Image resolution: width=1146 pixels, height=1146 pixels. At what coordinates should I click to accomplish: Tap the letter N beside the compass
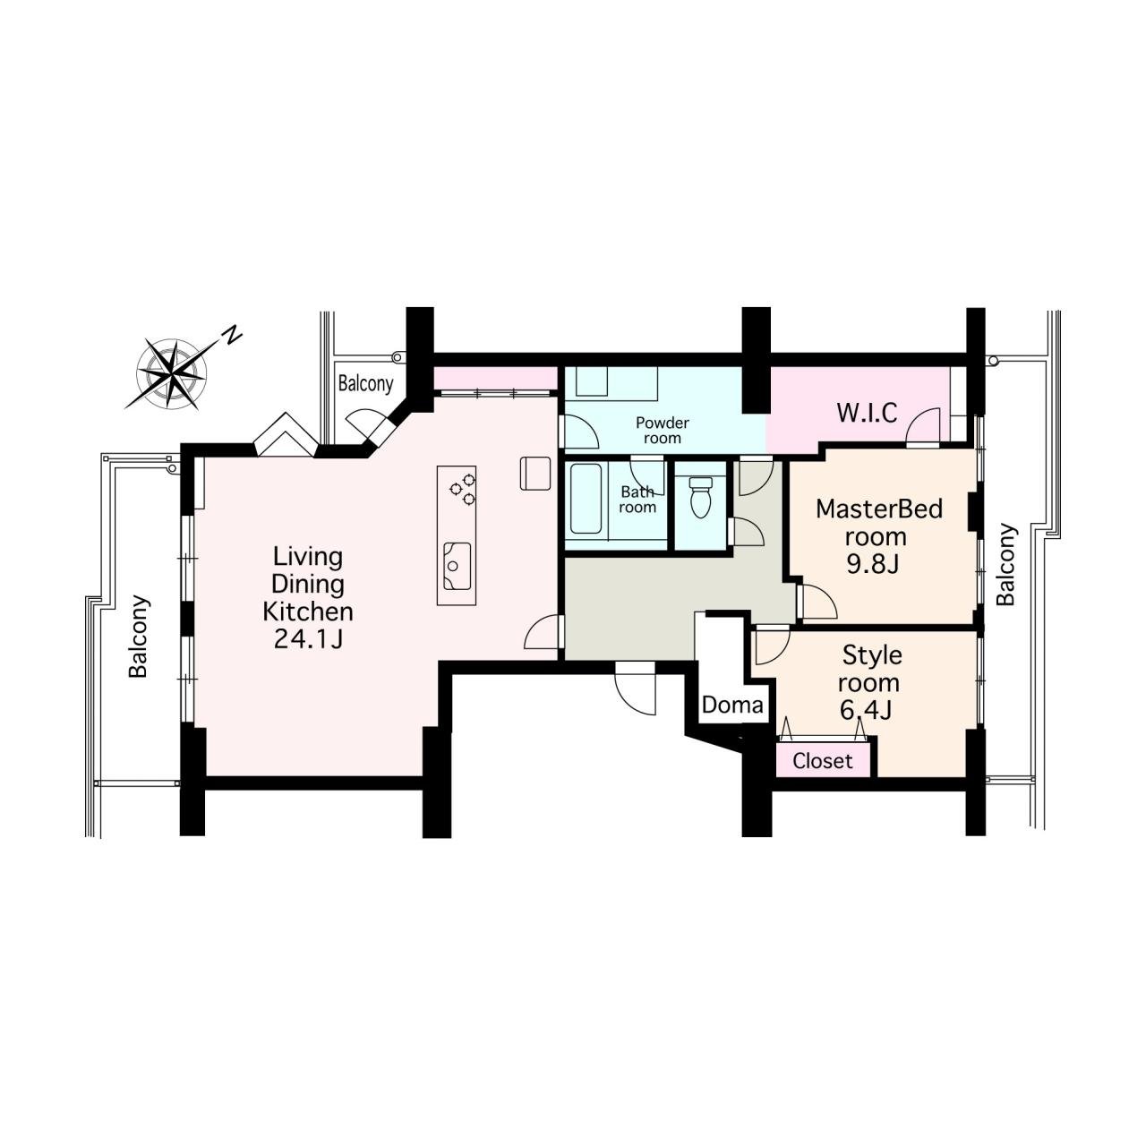pyautogui.click(x=233, y=336)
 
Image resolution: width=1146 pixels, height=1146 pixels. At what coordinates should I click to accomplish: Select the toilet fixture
pyautogui.click(x=701, y=497)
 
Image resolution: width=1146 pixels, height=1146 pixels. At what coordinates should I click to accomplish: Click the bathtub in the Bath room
pyautogui.click(x=586, y=499)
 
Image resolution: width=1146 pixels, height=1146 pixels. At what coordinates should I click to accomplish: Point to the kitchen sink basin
pyautogui.click(x=457, y=566)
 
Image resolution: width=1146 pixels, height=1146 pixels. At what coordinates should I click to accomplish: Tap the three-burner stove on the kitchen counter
pyautogui.click(x=463, y=489)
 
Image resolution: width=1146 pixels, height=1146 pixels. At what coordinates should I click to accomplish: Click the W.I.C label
pyautogui.click(x=867, y=413)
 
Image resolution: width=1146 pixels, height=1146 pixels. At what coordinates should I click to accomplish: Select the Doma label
pyautogui.click(x=732, y=706)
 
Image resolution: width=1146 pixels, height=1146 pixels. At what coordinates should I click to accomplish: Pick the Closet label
pyautogui.click(x=823, y=761)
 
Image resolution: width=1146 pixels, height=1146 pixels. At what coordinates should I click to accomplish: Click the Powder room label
pyautogui.click(x=662, y=431)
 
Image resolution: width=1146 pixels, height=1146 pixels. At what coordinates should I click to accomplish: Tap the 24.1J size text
pyautogui.click(x=308, y=639)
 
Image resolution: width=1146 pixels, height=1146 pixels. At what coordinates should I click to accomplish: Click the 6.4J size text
pyautogui.click(x=867, y=710)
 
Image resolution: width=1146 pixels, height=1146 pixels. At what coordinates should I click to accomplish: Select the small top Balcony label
pyautogui.click(x=366, y=383)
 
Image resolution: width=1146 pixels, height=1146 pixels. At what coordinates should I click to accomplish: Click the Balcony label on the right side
pyautogui.click(x=1005, y=564)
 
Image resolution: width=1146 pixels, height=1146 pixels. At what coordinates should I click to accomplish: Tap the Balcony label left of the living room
pyautogui.click(x=138, y=637)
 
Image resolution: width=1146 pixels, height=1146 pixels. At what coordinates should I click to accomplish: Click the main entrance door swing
pyautogui.click(x=635, y=690)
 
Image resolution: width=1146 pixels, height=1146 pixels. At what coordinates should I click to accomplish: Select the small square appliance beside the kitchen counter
pyautogui.click(x=535, y=473)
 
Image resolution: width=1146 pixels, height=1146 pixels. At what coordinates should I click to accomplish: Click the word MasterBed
pyautogui.click(x=879, y=509)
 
